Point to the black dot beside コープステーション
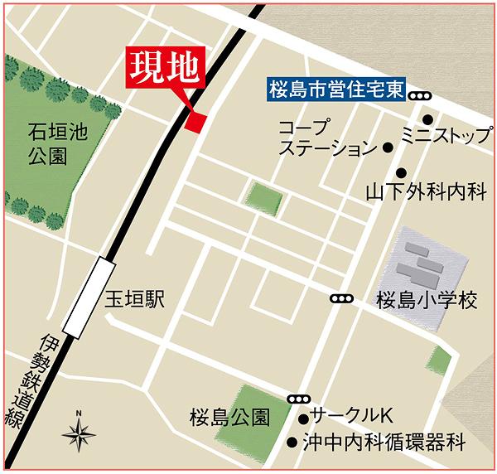[387, 148]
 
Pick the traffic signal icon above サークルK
[297, 399]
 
